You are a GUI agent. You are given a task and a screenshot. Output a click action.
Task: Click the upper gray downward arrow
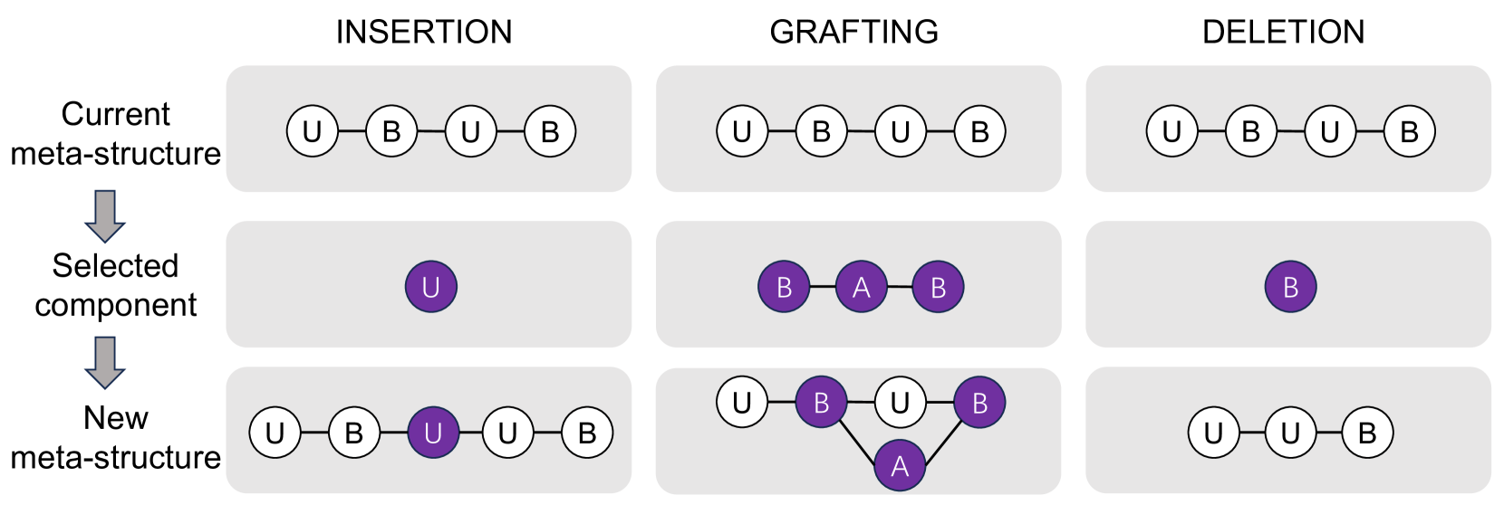tap(104, 215)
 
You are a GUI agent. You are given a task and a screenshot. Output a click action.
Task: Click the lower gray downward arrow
tap(104, 362)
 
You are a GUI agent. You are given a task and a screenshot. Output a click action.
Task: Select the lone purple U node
tap(430, 287)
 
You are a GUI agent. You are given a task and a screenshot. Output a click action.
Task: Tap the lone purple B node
tap(1290, 287)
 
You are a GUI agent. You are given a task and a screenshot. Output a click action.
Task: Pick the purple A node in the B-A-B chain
tap(861, 287)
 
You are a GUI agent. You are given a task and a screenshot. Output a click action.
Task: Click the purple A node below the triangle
tap(899, 465)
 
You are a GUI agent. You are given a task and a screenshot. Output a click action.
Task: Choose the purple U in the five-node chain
tap(433, 433)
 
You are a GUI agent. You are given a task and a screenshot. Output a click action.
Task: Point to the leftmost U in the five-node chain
tap(275, 433)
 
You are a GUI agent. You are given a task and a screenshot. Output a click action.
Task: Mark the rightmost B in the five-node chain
tap(586, 433)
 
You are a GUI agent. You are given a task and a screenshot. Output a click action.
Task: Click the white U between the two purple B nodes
tap(899, 402)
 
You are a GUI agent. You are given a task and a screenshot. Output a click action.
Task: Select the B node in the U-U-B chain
tap(1366, 433)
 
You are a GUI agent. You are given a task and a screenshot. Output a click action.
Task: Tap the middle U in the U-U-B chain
tap(1290, 433)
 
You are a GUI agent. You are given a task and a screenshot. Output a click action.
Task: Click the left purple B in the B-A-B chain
tap(784, 287)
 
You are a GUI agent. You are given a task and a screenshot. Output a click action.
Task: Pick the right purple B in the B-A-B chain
tap(938, 287)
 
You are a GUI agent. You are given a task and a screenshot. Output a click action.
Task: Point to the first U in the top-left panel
tap(312, 131)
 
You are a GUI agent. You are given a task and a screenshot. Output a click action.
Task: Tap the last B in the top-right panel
tap(1409, 131)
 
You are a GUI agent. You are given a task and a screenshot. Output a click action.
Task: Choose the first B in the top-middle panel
tap(821, 131)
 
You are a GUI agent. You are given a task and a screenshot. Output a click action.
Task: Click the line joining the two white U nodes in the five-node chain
tap(470, 433)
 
